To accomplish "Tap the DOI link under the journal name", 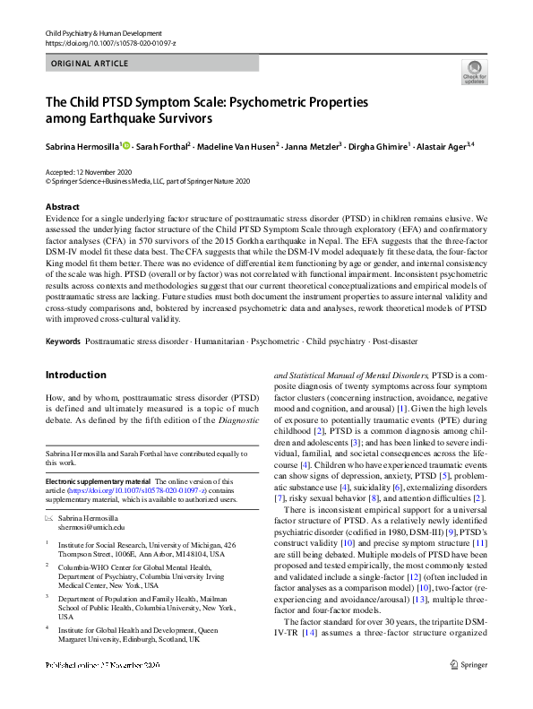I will (104, 41).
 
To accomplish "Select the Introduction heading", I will (75, 376).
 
